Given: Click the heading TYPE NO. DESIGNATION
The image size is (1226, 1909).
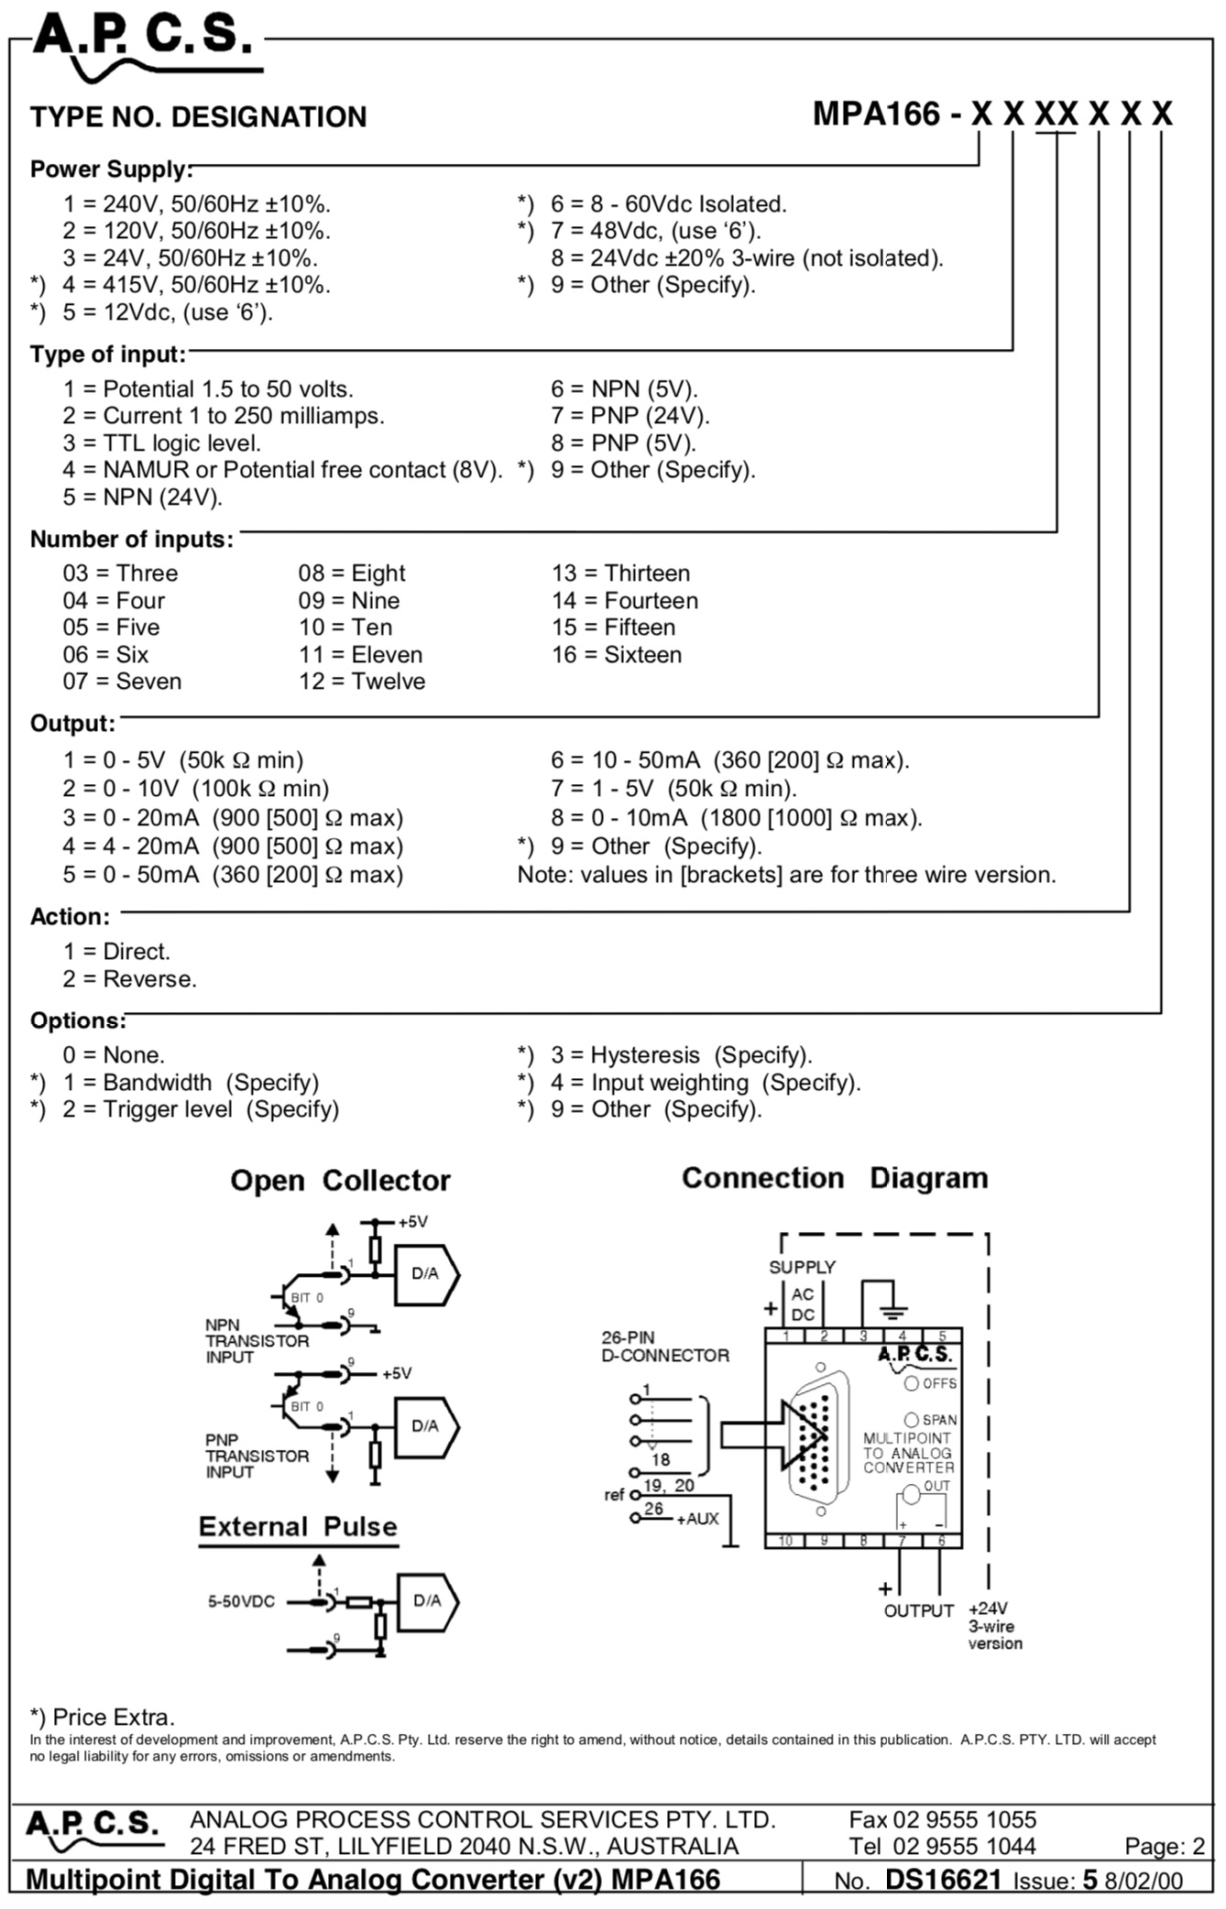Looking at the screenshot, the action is (x=198, y=117).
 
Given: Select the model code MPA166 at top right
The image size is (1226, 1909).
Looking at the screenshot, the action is (x=876, y=114).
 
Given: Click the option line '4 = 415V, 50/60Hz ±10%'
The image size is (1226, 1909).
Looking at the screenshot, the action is (x=196, y=285).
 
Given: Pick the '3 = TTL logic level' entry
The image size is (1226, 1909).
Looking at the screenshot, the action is (x=161, y=443).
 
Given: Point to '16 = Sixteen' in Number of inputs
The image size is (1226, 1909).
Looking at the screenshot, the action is (x=617, y=655).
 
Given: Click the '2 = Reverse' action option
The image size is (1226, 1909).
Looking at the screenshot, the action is (x=129, y=979).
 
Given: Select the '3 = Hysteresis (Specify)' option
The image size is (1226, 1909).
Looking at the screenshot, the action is (x=681, y=1055).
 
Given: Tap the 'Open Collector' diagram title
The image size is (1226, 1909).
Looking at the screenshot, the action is (x=340, y=1181).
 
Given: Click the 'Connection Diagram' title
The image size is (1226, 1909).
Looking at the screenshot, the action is (x=835, y=1178).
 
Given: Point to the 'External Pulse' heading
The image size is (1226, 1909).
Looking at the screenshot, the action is (x=298, y=1527).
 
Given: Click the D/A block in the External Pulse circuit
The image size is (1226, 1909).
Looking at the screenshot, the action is (x=427, y=1602).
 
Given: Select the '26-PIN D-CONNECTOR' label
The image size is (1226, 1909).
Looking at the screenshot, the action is (x=665, y=1347).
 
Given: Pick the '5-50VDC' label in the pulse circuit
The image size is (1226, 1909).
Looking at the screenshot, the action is (x=241, y=1602).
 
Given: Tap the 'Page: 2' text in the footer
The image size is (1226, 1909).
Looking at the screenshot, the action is (x=1165, y=1847).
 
